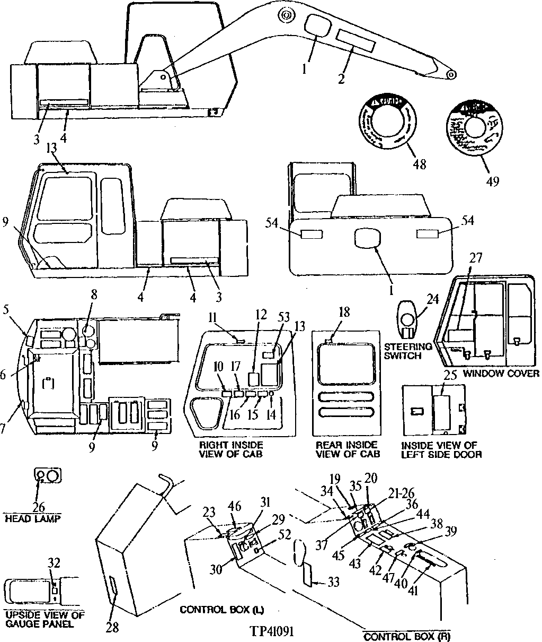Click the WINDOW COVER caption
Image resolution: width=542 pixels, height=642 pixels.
[x=501, y=374]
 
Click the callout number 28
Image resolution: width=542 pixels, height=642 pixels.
[x=112, y=627]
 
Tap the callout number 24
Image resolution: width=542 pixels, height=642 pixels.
[x=432, y=299]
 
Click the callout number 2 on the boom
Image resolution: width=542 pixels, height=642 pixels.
[x=341, y=79]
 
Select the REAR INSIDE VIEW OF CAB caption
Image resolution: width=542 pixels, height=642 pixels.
[x=348, y=449]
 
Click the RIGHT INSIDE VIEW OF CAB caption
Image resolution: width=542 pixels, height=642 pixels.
[x=230, y=449]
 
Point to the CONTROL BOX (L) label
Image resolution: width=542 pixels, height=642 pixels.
[x=218, y=610]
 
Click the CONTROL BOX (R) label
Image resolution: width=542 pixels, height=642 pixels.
[x=407, y=636]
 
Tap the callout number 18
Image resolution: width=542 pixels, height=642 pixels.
[x=344, y=311]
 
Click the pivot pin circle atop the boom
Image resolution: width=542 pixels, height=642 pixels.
[x=286, y=16]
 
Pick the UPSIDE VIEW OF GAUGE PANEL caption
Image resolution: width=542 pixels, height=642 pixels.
[x=45, y=620]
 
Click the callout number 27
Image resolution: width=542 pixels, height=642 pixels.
[x=476, y=258]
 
